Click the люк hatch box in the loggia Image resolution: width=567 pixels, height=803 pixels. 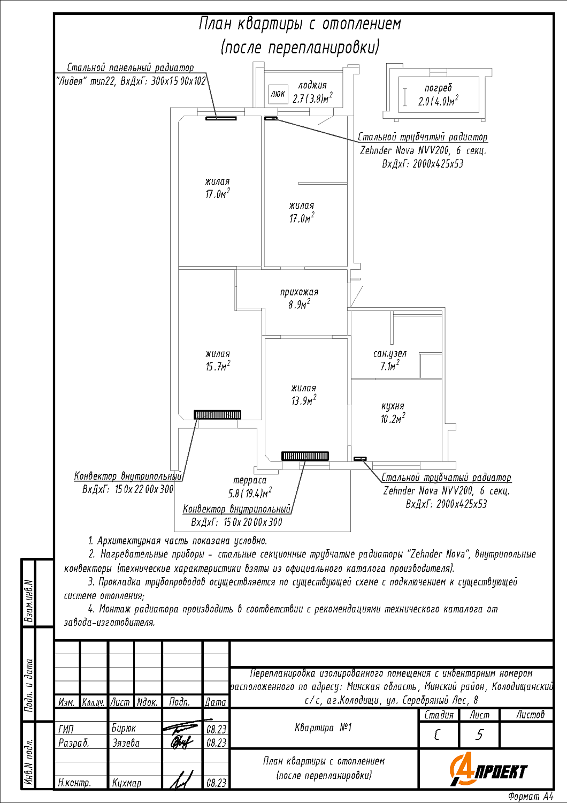pos(278,94)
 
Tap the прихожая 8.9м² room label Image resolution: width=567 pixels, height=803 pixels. pos(299,298)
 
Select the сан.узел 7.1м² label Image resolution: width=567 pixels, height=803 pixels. pos(390,360)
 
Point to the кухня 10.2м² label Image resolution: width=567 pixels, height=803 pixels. pos(393,412)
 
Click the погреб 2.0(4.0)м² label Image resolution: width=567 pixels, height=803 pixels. pos(438,95)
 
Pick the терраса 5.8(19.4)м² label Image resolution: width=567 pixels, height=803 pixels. pos(250,487)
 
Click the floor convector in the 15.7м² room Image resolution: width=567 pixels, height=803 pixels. pos(217,415)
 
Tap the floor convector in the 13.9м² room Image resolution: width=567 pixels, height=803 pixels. pos(305,456)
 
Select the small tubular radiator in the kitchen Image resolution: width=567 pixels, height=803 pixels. pos(360,458)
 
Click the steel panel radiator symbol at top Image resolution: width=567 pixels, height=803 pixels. pos(221,118)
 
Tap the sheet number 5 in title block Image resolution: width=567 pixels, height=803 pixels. pos(479,735)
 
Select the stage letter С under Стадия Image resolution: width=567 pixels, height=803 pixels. pos(436,735)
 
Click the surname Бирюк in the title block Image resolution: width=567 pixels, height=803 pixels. pos(124,728)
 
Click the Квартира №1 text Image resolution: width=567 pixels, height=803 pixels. pos(323,728)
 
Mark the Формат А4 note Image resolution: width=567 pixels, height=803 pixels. pos(531,796)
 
